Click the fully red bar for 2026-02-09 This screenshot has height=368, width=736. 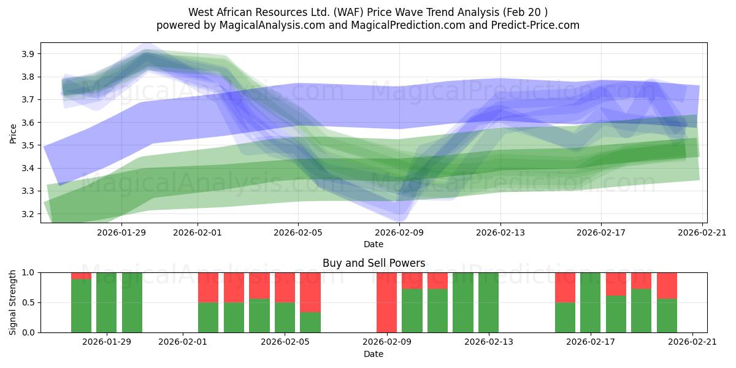coord(386,302)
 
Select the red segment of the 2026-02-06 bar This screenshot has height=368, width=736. coord(310,292)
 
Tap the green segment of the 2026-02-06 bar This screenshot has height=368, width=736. coord(310,323)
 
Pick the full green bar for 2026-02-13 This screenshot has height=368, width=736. coord(488,302)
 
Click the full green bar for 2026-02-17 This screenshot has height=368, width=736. coord(590,302)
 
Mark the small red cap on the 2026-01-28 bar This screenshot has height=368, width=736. coord(81,275)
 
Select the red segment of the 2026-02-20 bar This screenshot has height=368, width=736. coord(667,285)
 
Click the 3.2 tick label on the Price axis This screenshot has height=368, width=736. coord(27,214)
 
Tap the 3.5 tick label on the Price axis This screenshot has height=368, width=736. coord(27,145)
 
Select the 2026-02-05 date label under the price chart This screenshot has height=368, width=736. coord(298,232)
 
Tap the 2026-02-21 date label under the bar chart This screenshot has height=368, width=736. coord(692,342)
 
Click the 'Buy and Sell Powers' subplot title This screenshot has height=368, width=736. coord(374,263)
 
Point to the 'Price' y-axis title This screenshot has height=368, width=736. coord(13,132)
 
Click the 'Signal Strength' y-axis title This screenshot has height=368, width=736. coord(13,302)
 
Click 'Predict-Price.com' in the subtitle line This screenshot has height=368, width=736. coord(532,25)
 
